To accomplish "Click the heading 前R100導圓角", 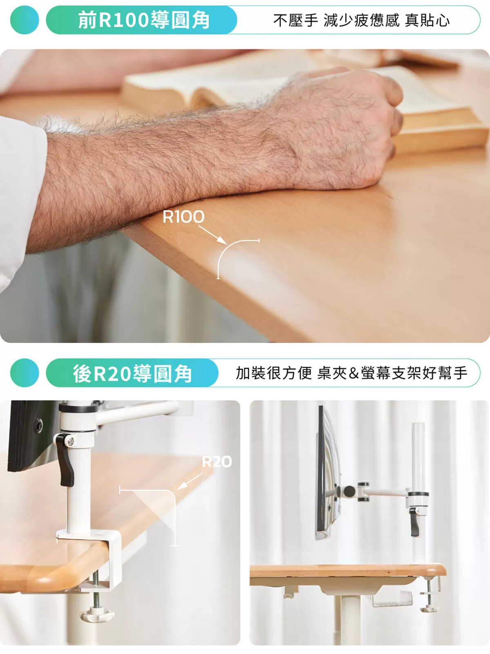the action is pos(144,20).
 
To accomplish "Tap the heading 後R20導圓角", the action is pos(133,374).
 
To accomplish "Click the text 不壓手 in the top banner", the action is pos(296,20).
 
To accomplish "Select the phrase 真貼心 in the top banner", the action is pos(427,20).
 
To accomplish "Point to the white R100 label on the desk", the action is pos(183,217).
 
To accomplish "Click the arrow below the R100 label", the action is pos(212,235).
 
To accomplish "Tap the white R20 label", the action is pos(217,462).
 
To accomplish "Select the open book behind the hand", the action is pos(298,98).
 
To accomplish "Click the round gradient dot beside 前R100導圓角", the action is pos(24,20).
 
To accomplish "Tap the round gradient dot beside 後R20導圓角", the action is pos(24,373).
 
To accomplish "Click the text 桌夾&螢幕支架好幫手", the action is pos(392,373).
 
